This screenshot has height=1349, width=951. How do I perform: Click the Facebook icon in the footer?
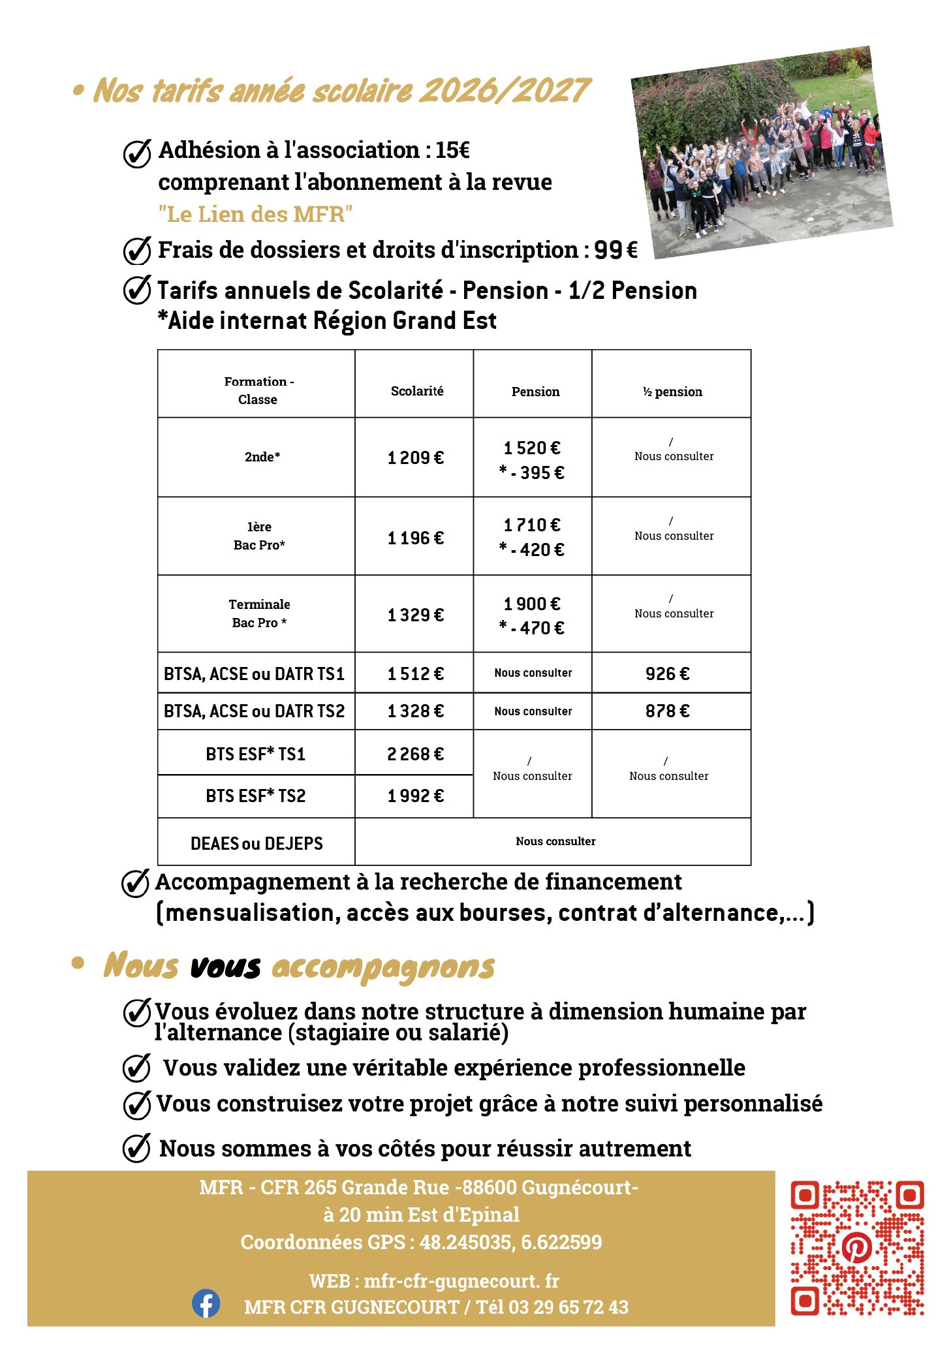pyautogui.click(x=206, y=1303)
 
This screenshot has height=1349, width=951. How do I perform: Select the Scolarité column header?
pyautogui.click(x=416, y=391)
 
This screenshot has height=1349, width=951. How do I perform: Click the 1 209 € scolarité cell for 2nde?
pyautogui.click(x=415, y=458)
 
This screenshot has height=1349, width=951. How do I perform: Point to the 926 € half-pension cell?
pyautogui.click(x=667, y=674)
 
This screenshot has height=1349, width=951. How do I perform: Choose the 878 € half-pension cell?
pyautogui.click(x=667, y=711)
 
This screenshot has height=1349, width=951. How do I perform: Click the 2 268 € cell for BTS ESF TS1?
pyautogui.click(x=415, y=754)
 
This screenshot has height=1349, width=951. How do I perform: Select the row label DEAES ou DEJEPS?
pyautogui.click(x=257, y=843)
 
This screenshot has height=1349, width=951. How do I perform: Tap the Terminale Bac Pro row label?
pyautogui.click(x=259, y=613)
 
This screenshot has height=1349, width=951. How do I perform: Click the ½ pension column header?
pyautogui.click(x=672, y=392)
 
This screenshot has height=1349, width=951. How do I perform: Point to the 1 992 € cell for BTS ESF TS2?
pyautogui.click(x=415, y=796)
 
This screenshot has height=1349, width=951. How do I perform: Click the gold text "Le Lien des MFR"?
pyautogui.click(x=255, y=214)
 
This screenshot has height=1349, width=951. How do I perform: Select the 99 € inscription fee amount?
pyautogui.click(x=616, y=250)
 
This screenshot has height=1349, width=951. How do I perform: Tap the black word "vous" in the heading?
pyautogui.click(x=225, y=967)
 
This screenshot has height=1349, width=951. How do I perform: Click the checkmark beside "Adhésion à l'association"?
pyautogui.click(x=137, y=153)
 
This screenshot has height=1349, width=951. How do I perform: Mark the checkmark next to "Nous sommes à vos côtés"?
pyautogui.click(x=137, y=1148)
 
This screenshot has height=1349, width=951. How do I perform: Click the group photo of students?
pyautogui.click(x=762, y=152)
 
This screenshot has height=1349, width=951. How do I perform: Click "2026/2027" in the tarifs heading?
pyautogui.click(x=504, y=91)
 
